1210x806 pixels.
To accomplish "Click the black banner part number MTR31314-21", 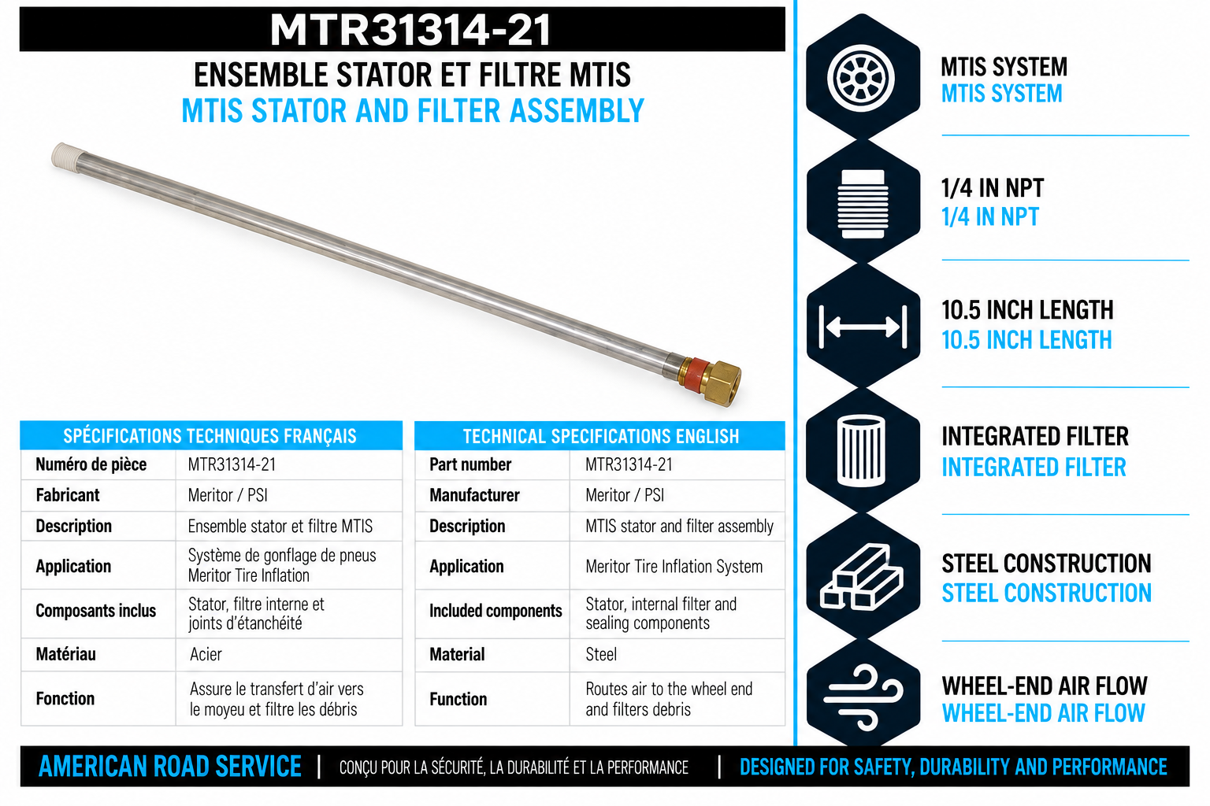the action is [x=410, y=30].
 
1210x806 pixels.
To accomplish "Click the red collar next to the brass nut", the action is [x=693, y=373].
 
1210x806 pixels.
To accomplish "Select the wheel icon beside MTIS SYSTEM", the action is [x=862, y=78].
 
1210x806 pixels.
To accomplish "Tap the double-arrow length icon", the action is [x=863, y=327].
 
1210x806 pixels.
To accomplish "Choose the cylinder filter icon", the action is [x=861, y=451].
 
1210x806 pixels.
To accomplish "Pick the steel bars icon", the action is [x=861, y=576].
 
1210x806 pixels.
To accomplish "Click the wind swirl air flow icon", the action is [x=863, y=697].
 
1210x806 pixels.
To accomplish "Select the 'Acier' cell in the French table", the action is [x=206, y=654].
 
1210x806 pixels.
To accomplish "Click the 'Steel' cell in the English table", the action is [x=601, y=654].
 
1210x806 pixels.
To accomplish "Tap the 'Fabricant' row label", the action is [x=68, y=495].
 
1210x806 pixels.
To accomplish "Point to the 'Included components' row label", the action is [x=496, y=611].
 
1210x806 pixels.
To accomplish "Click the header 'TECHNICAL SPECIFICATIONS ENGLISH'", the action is [x=601, y=436].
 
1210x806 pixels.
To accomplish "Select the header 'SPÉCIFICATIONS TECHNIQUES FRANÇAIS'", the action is [x=210, y=436].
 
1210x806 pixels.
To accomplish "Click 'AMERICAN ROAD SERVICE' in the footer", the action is [x=170, y=767].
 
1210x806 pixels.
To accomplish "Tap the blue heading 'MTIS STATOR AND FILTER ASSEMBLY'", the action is [x=413, y=111].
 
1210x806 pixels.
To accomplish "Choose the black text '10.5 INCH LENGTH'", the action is [x=1027, y=310].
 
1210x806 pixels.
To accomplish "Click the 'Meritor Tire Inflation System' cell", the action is [x=674, y=566].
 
